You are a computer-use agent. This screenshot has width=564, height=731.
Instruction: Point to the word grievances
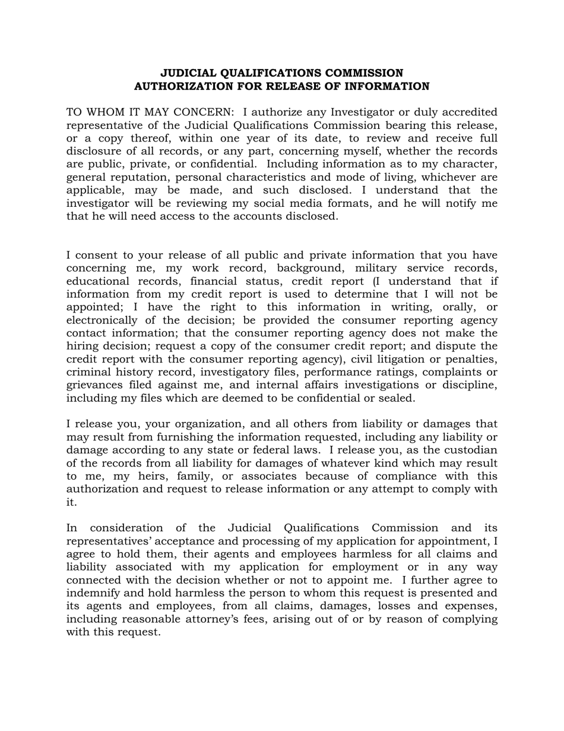pyautogui.click(x=94, y=385)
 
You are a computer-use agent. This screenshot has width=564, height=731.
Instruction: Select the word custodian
pyautogui.click(x=473, y=450)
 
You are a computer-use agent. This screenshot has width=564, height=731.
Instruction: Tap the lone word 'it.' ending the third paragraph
pyautogui.click(x=71, y=502)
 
